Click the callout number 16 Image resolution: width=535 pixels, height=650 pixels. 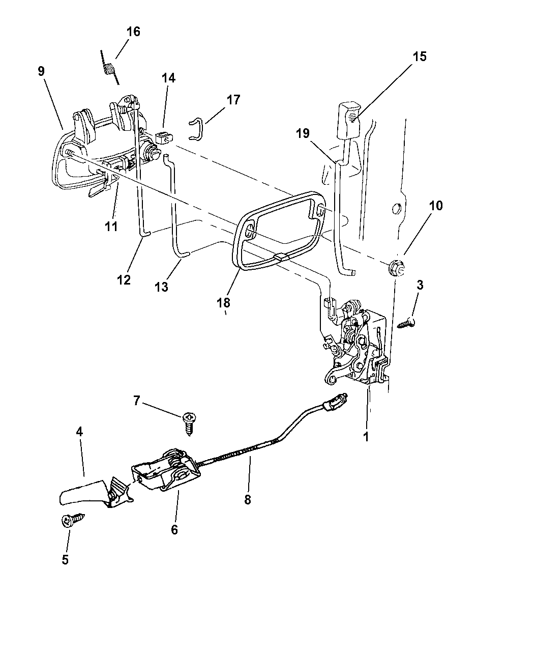point(133,32)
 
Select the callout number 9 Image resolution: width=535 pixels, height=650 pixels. point(41,71)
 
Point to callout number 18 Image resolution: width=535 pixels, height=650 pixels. point(223,303)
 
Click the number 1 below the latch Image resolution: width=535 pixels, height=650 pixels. point(366,436)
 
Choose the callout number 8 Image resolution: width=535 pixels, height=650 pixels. point(248,499)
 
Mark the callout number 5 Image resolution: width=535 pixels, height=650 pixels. point(65,559)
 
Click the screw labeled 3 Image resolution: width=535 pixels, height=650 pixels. point(406,322)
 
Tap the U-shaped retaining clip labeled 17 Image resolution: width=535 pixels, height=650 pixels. point(196,128)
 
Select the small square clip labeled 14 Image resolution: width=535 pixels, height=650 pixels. point(163,137)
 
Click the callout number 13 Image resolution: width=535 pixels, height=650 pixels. point(161,287)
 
